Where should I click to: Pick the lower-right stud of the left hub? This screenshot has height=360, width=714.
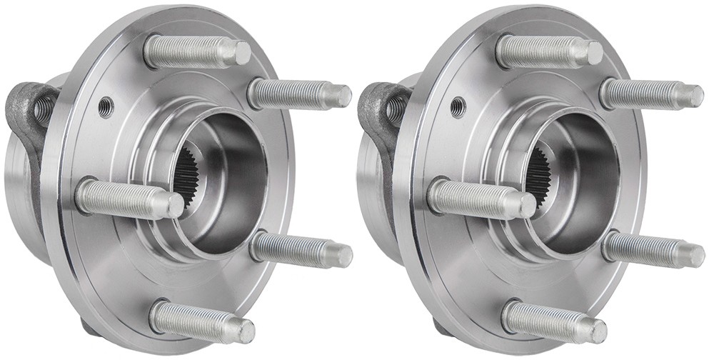pyautogui.click(x=300, y=250)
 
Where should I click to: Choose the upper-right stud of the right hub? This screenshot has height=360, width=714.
pyautogui.click(x=650, y=94)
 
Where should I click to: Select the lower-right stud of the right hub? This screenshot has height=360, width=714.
pyautogui.click(x=652, y=250)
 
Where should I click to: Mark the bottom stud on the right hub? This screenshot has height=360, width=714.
pyautogui.click(x=553, y=321)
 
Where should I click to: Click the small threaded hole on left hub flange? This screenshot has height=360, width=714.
pyautogui.click(x=106, y=106)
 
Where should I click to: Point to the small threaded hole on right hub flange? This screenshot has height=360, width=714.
pyautogui.click(x=458, y=106)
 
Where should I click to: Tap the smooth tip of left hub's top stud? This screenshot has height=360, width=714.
pyautogui.click(x=241, y=53)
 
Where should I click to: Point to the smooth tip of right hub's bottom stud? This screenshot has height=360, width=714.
pyautogui.click(x=597, y=331)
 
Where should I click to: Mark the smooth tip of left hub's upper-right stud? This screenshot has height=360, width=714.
pyautogui.click(x=341, y=96)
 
